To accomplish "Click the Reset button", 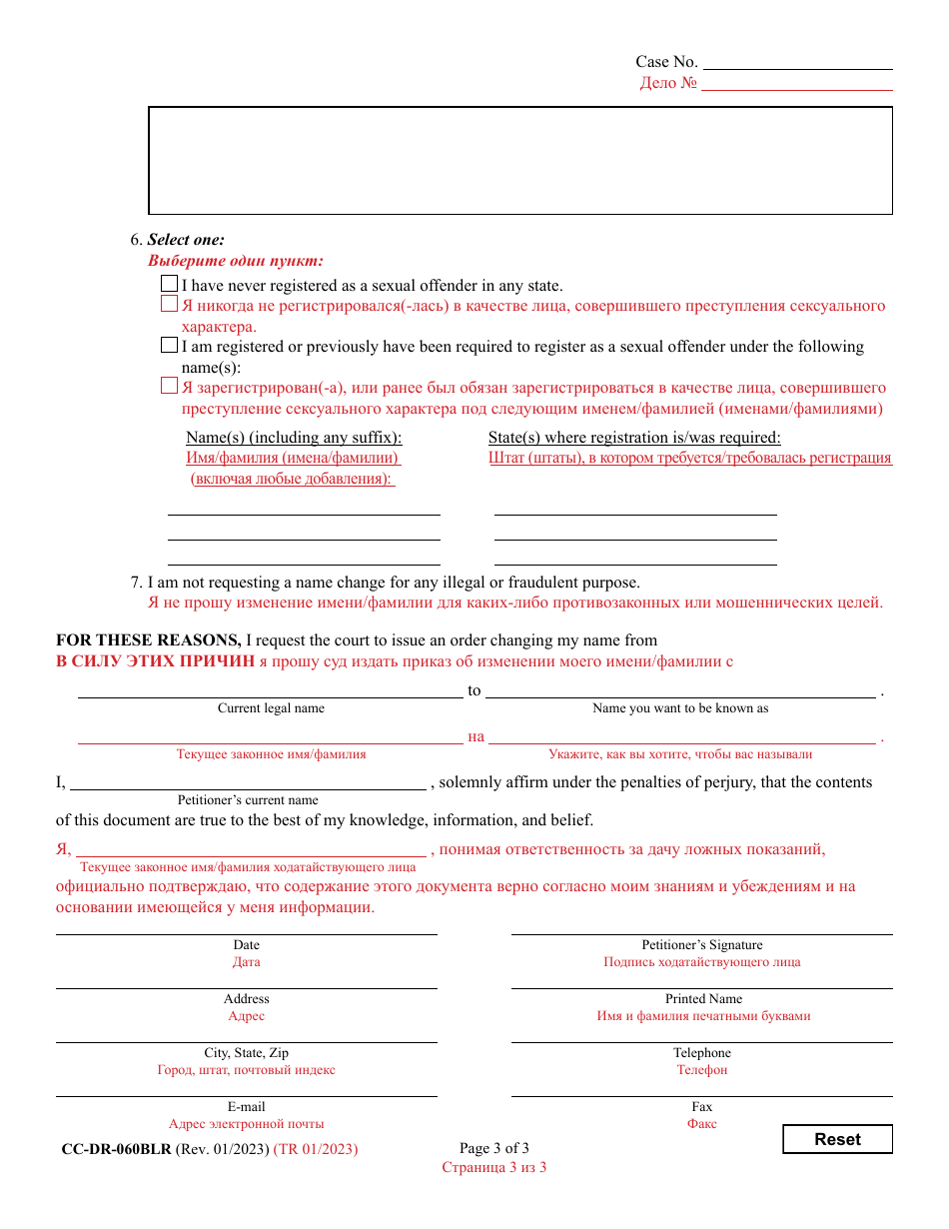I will click(x=837, y=1139).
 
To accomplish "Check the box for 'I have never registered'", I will click(x=169, y=284).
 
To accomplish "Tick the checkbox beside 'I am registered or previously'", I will click(x=169, y=346).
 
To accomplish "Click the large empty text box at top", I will click(x=519, y=160).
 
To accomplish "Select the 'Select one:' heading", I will click(x=186, y=240).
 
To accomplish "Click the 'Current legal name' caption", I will click(x=271, y=708).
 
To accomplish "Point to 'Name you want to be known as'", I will click(x=680, y=708).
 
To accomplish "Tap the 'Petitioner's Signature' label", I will click(x=701, y=945).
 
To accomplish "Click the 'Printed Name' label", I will click(x=703, y=999).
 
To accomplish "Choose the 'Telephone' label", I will click(x=701, y=1053).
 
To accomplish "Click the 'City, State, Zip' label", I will click(x=246, y=1053).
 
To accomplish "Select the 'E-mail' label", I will click(x=246, y=1107).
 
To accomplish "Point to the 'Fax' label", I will click(x=701, y=1107).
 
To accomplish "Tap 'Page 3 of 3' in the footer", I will click(x=493, y=1148).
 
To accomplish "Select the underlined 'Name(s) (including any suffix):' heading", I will click(x=294, y=438).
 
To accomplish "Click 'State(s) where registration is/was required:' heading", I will click(x=634, y=438).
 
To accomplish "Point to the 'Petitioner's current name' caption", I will click(x=248, y=800).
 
